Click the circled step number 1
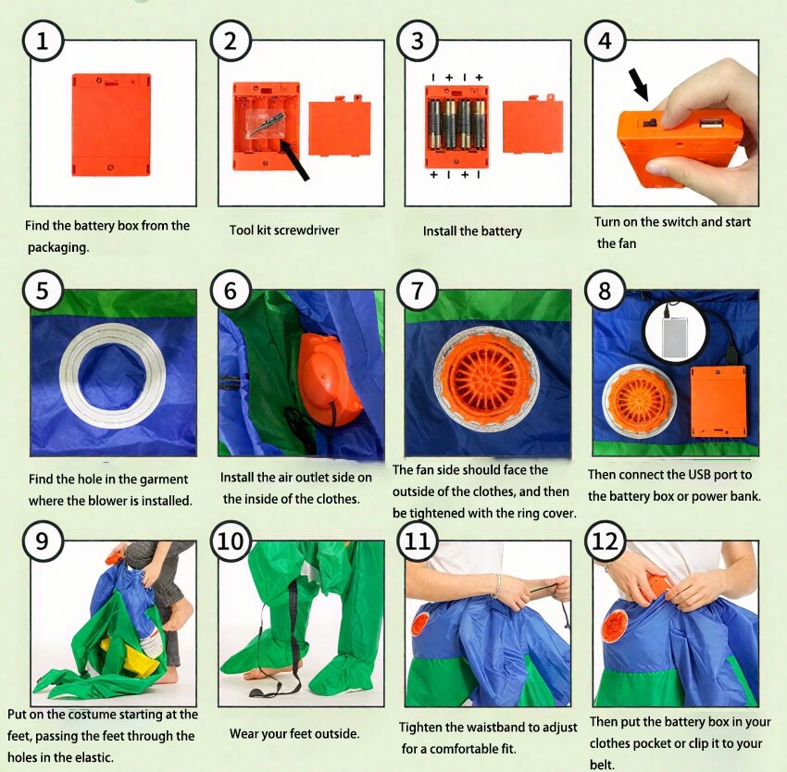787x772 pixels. [x=43, y=41]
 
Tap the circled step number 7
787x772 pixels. [x=417, y=291]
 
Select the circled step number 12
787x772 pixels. [x=605, y=542]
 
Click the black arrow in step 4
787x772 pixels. [x=639, y=85]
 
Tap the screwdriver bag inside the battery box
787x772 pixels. [x=266, y=123]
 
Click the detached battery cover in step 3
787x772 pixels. [x=532, y=126]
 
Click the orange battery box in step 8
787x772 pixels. [x=718, y=401]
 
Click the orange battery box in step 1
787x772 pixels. [x=111, y=124]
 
